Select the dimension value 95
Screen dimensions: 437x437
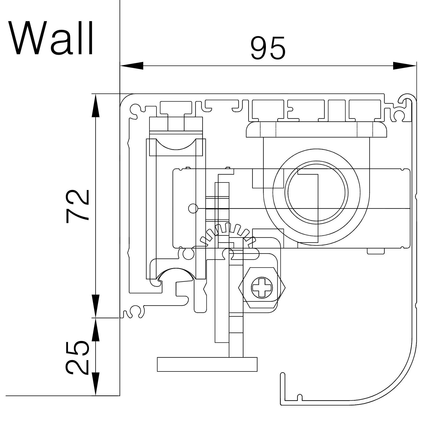point(268,48)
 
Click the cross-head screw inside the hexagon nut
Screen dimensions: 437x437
point(262,288)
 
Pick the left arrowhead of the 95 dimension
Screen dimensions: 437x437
point(132,66)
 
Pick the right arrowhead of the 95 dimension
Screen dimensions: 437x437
point(404,66)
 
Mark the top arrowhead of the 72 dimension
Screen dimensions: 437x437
point(96,106)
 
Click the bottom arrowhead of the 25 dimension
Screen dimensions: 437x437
point(96,384)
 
